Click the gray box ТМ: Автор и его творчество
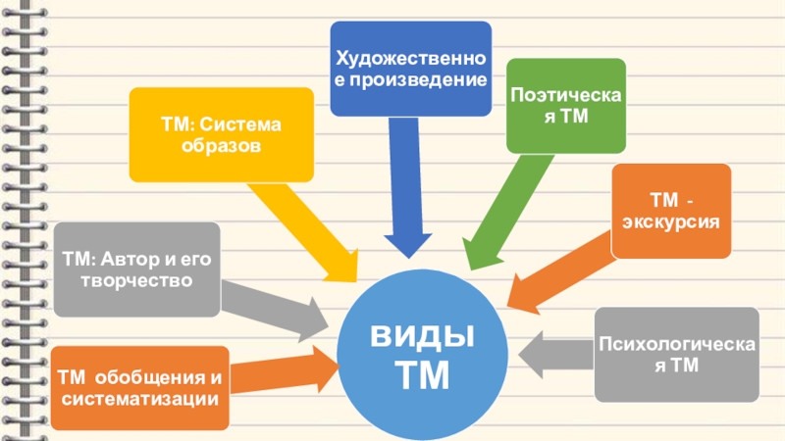(x=136, y=269)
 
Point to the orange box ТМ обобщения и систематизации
(x=138, y=388)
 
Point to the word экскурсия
(x=671, y=221)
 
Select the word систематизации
(x=138, y=400)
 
